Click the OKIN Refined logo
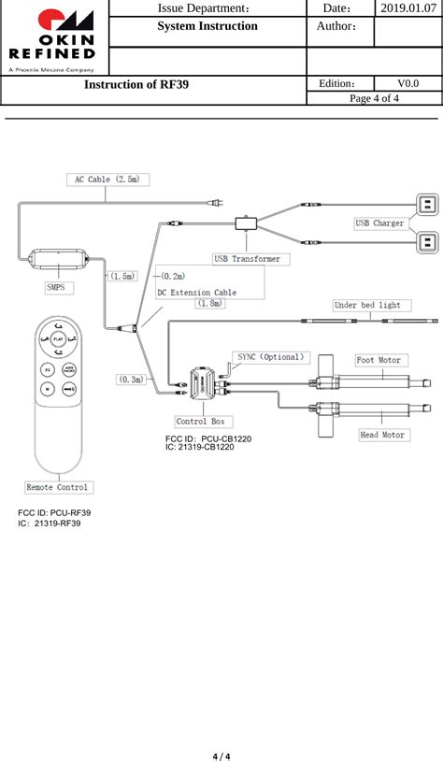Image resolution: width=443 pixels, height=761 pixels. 54,37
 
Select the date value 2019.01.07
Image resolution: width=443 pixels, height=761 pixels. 407,8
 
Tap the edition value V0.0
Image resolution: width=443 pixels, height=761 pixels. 407,84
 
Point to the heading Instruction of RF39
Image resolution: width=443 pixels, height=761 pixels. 136,85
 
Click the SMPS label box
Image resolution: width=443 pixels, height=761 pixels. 56,288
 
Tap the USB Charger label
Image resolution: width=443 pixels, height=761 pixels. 379,223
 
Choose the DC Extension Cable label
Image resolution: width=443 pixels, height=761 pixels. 196,293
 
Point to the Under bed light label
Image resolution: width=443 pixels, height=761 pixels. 367,305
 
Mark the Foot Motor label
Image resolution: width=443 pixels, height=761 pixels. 379,360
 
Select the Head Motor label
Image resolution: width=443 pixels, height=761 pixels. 382,435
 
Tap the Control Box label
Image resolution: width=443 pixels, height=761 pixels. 200,422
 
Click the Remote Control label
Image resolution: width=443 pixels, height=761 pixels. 58,487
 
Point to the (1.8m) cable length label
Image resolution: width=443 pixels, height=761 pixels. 209,304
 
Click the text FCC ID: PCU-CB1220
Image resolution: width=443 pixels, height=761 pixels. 208,438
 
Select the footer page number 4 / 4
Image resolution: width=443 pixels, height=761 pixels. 221,754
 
